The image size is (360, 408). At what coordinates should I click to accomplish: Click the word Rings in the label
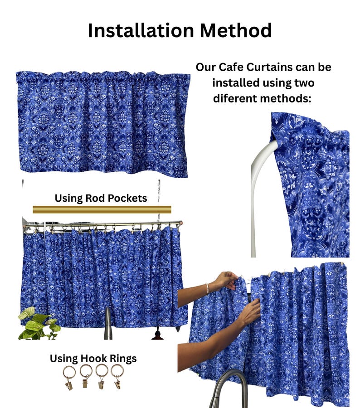[123, 359]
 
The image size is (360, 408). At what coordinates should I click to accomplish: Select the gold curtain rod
[102, 209]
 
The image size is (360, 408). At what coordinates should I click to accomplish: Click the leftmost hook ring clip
[69, 378]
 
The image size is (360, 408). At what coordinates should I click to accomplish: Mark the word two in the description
[304, 83]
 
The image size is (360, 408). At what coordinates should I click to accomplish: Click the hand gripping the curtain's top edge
[229, 280]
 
